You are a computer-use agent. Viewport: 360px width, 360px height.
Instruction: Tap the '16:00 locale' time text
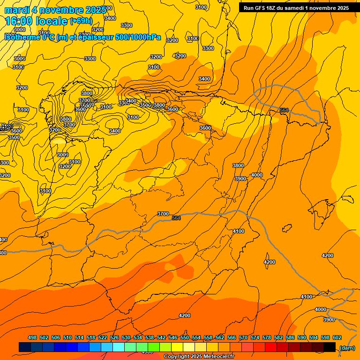(36, 21)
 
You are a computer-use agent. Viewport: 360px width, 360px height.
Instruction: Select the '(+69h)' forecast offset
(81, 21)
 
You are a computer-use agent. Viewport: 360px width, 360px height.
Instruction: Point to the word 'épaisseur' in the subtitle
(96, 37)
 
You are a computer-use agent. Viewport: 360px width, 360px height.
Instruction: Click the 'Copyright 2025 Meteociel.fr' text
(199, 357)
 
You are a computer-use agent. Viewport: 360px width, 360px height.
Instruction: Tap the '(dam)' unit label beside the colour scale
(347, 347)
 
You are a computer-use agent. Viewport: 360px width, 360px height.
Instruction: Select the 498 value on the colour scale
(32, 337)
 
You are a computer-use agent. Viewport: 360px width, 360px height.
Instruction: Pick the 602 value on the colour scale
(337, 337)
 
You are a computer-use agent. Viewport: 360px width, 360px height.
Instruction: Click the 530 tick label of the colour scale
(126, 337)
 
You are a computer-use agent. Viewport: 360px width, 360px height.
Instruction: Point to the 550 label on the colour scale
(185, 337)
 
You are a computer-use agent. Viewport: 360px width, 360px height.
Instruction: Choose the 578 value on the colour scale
(267, 337)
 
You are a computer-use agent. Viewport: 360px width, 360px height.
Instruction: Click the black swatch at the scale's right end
(330, 347)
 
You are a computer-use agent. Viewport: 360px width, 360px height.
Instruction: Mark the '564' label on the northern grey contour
(284, 110)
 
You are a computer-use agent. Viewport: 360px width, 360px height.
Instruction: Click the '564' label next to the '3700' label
(176, 218)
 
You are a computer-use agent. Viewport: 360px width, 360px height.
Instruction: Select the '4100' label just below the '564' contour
(239, 231)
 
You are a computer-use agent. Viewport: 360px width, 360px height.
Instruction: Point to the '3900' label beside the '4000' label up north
(240, 179)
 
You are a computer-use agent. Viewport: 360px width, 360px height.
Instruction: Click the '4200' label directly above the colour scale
(185, 315)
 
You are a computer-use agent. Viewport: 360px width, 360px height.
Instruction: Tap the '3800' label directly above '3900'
(238, 165)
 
